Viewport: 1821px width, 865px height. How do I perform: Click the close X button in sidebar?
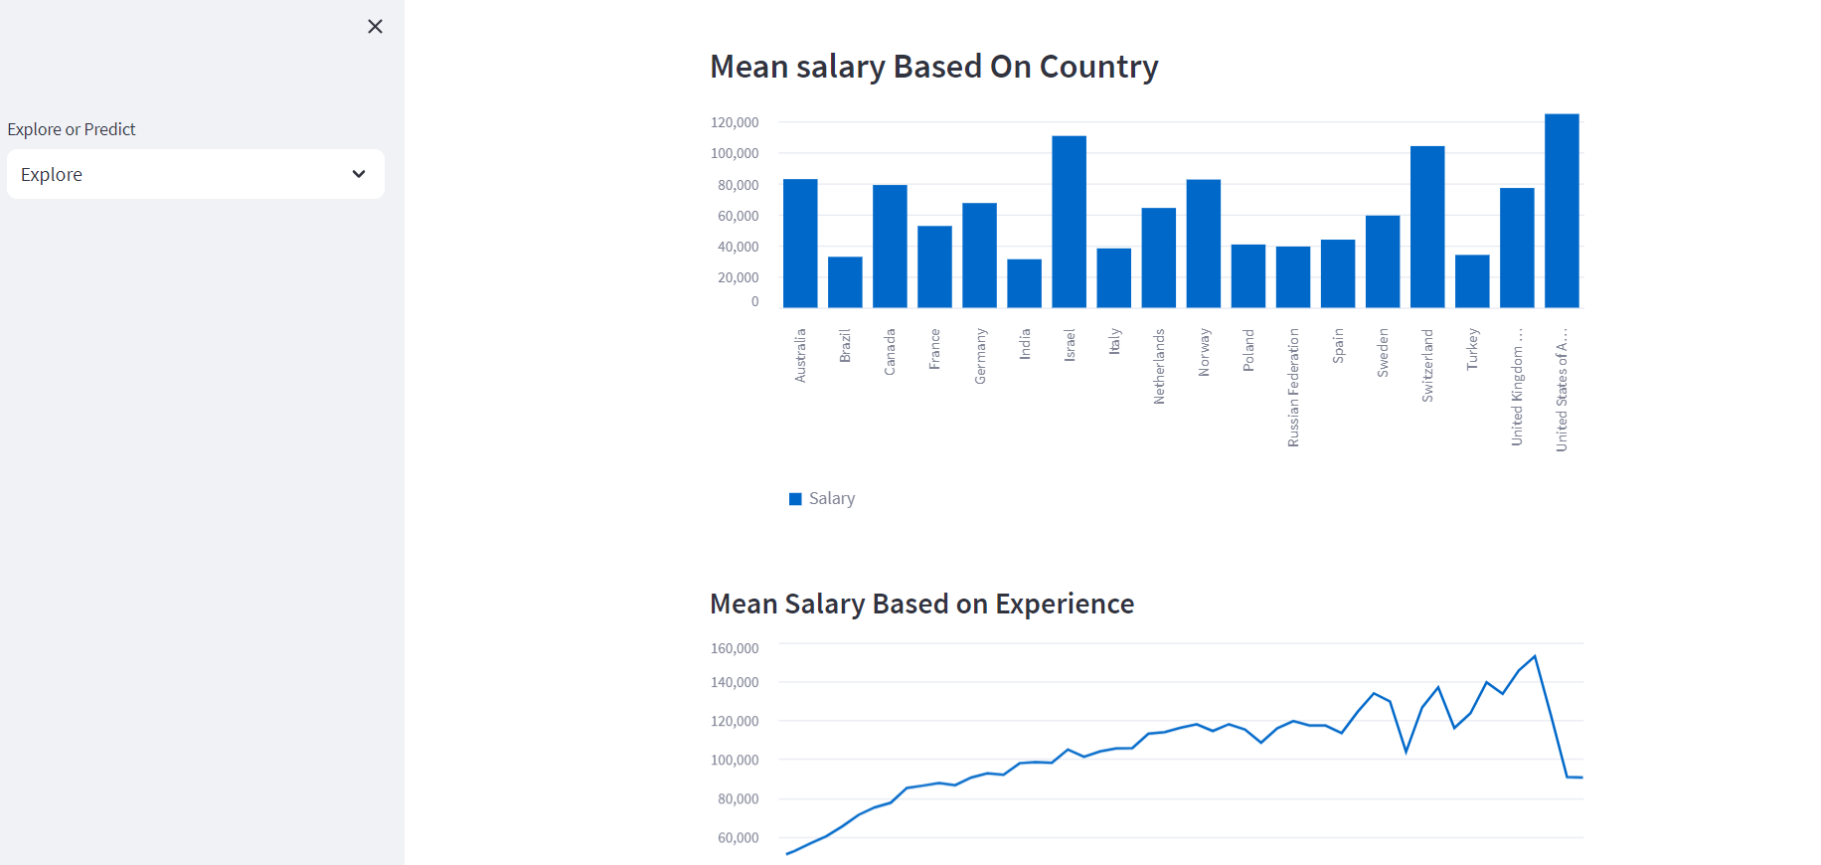tap(375, 27)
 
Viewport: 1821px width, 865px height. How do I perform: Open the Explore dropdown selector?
tap(196, 174)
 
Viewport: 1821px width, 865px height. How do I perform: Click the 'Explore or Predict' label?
tap(72, 129)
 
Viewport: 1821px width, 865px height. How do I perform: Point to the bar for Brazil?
tap(845, 282)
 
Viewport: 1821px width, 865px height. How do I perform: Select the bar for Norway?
tap(1203, 244)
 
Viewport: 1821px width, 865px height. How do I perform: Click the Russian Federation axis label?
tap(1293, 388)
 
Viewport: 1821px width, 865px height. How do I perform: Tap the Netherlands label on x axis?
tap(1159, 366)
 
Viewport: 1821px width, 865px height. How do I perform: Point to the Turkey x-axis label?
tap(1472, 349)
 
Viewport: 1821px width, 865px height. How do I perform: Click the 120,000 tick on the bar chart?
tap(735, 122)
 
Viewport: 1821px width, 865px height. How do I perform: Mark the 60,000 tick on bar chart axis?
tap(738, 216)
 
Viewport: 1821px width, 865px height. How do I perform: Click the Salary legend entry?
tap(822, 498)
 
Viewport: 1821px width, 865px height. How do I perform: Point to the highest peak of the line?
tap(1535, 656)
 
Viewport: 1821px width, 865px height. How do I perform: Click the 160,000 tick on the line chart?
tap(735, 648)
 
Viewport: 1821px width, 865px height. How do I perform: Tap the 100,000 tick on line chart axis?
tap(735, 760)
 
